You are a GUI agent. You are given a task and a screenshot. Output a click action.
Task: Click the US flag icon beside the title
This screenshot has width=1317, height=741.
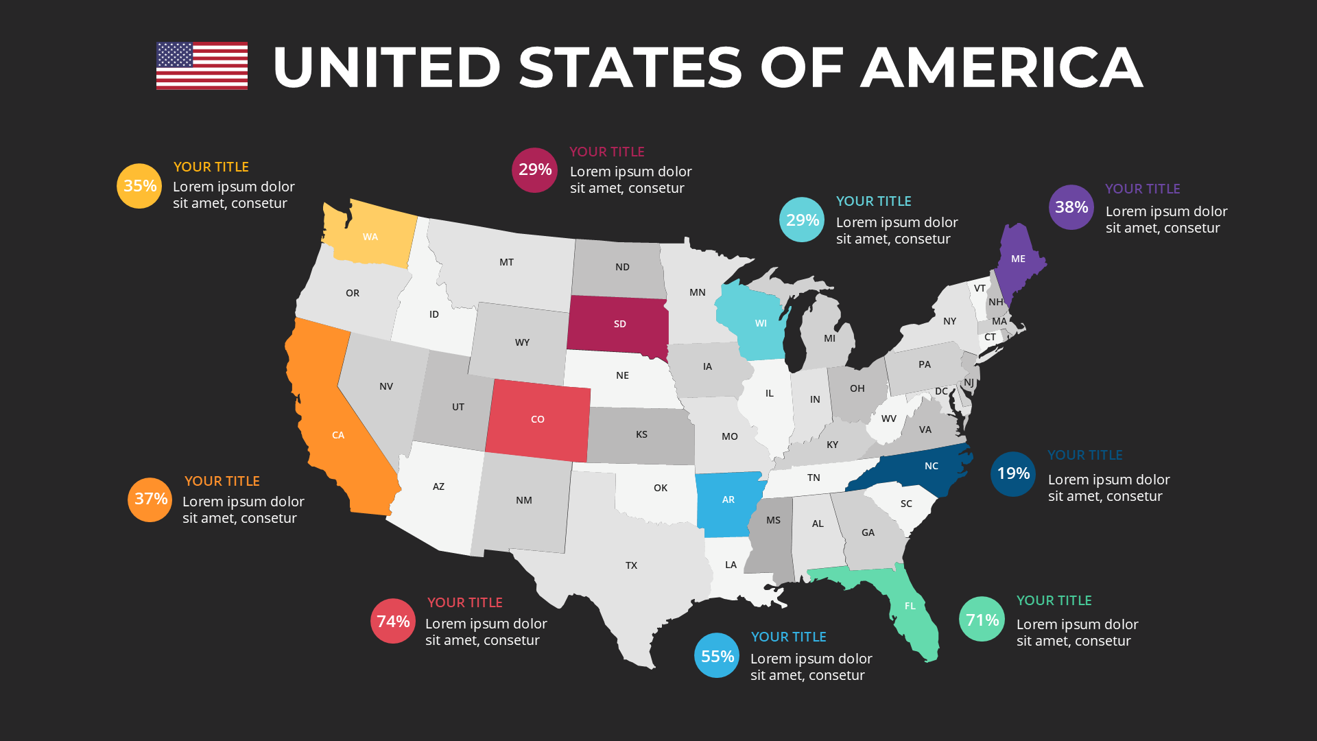click(202, 66)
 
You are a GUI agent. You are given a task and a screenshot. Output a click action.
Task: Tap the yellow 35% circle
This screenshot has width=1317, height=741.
click(139, 186)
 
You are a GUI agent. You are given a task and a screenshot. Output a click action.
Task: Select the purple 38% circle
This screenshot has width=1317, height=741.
click(1071, 207)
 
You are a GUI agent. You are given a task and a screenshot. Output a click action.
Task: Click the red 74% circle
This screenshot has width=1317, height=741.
click(393, 621)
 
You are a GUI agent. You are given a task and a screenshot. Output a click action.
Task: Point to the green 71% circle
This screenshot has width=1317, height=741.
click(982, 620)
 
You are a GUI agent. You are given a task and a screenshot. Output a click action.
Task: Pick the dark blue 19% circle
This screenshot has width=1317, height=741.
click(1013, 473)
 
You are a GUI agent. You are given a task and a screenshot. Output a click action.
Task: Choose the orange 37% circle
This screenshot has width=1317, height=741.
click(150, 499)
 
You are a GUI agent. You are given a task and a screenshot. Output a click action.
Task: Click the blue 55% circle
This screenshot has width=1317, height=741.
click(717, 656)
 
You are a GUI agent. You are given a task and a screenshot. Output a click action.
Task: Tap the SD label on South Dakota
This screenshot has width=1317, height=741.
click(620, 324)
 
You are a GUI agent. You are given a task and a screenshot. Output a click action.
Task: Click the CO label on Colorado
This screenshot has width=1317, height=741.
click(538, 419)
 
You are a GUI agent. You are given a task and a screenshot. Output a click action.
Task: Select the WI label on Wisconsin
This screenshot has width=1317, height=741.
click(761, 323)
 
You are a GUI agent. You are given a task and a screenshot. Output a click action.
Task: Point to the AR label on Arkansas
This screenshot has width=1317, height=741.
click(728, 499)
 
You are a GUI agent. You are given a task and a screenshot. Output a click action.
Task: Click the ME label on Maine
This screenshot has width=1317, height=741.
click(1018, 259)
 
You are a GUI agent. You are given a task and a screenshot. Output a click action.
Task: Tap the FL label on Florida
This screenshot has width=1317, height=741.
click(910, 606)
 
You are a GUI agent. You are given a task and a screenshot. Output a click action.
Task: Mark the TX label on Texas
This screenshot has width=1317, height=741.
click(631, 565)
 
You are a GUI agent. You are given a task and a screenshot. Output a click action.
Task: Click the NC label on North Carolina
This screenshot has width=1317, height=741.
click(932, 466)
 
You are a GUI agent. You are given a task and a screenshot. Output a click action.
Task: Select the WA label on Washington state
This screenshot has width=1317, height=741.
click(370, 237)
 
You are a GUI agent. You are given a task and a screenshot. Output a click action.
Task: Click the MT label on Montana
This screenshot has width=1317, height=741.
click(506, 262)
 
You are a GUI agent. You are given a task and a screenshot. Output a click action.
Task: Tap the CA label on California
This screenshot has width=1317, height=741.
click(338, 435)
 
